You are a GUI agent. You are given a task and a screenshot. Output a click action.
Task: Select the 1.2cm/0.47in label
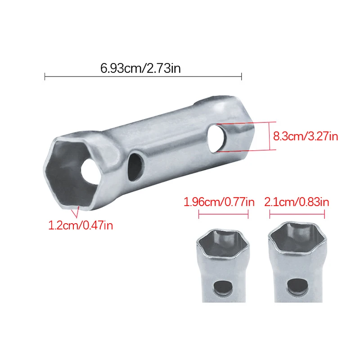click(x=81, y=224)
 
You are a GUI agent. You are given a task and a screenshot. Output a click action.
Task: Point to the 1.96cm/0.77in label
click(x=219, y=202)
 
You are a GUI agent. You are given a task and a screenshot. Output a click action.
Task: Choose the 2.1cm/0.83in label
click(x=297, y=202)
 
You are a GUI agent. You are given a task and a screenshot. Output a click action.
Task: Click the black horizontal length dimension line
click(x=143, y=77)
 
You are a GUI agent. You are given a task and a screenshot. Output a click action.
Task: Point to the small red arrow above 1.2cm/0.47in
click(x=77, y=209)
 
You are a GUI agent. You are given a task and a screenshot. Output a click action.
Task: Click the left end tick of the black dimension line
click(x=45, y=77)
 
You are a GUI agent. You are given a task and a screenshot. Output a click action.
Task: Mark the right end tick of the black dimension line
click(x=242, y=77)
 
